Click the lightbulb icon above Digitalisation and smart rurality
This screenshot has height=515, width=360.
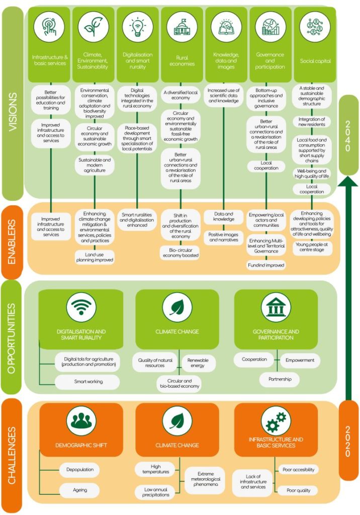coord(138,26)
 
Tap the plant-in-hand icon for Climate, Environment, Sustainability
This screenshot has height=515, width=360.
coord(94,26)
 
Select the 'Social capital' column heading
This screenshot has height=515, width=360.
coord(315,60)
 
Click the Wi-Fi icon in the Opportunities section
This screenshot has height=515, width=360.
coord(81,307)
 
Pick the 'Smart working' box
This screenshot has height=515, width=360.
coord(88,382)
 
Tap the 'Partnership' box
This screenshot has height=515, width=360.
coord(280,379)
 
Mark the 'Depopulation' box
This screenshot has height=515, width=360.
coord(80,470)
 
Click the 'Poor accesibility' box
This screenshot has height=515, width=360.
coord(298,470)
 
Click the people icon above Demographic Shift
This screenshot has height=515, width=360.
coord(81,420)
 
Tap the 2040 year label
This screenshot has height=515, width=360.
coord(348,136)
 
